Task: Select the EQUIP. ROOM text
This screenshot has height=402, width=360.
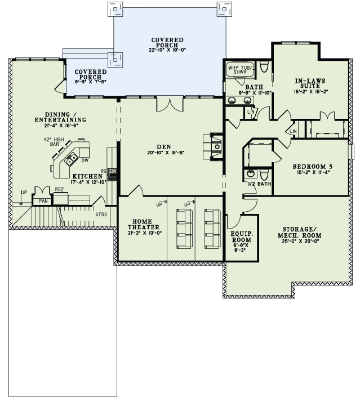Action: pos(241,238)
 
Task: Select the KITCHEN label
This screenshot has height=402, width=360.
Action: pos(87,176)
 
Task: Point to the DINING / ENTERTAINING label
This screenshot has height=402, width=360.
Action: pos(60,117)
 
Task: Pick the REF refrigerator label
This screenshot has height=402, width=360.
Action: pos(59,190)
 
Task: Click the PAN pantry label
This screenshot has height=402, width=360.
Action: pos(43,200)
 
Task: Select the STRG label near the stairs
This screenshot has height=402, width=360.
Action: pos(101,213)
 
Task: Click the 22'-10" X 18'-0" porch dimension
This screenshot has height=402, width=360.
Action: pos(167,50)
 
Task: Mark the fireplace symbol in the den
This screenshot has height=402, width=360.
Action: pos(217,146)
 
